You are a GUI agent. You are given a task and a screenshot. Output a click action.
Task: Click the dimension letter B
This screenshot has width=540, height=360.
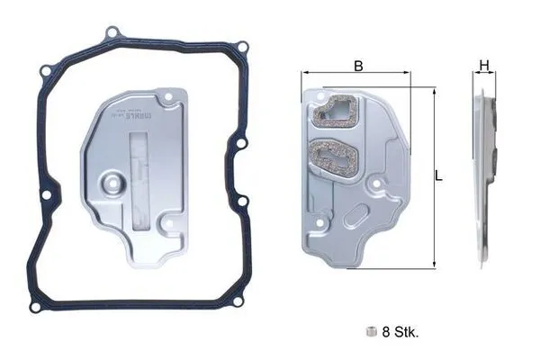coord(358,65)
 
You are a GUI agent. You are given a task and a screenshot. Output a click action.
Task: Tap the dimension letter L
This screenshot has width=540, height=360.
coord(438,177)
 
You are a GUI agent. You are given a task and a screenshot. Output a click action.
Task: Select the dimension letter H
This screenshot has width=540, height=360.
coord(483,65)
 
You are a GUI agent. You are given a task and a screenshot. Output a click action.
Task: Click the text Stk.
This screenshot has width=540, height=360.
coord(407,332)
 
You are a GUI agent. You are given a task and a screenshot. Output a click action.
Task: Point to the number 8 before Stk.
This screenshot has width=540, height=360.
coord(387,332)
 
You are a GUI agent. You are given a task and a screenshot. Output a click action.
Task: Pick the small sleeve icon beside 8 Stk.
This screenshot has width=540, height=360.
coord(370,331)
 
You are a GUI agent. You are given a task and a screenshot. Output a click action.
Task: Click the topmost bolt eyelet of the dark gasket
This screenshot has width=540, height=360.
coord(112,34)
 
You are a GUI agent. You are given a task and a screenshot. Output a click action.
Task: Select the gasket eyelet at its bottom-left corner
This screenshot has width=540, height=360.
coord(35,307)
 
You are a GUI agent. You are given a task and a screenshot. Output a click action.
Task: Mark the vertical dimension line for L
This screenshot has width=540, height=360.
coord(435,177)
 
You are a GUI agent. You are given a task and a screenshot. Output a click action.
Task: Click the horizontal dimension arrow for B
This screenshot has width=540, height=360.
coord(358,76)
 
